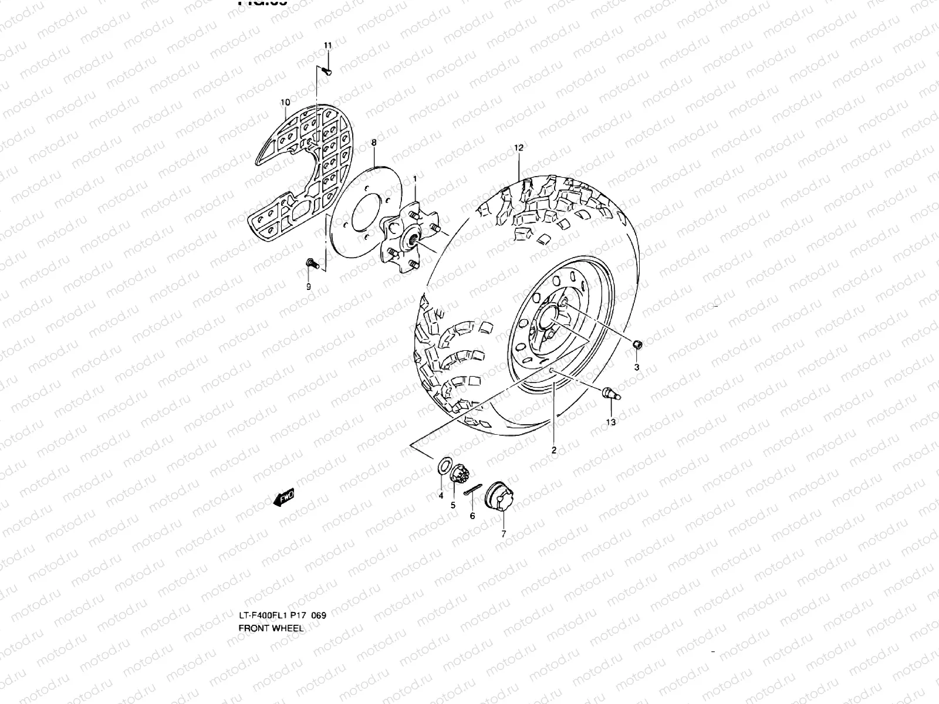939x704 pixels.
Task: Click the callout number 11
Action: tap(327, 46)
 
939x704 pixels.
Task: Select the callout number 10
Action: tap(285, 102)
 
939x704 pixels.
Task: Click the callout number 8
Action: tap(374, 143)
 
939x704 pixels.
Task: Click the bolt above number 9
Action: tap(311, 265)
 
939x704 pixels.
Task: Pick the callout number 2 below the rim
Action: tap(553, 450)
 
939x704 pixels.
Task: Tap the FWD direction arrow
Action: tap(284, 498)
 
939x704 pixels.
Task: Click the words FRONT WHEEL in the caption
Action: tap(271, 628)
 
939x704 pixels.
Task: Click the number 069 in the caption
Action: tap(319, 615)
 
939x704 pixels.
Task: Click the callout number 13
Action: tap(611, 422)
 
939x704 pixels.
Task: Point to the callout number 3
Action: tap(637, 368)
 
